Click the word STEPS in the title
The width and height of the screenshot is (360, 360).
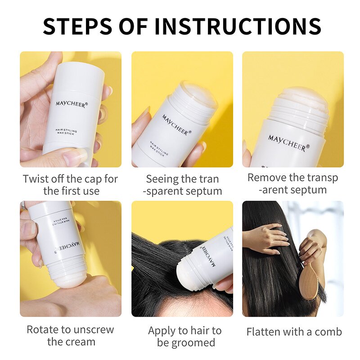[x=77, y=26]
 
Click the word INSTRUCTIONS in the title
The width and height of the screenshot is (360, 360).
[x=238, y=26]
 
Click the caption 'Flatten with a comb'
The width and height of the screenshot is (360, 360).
[x=294, y=332]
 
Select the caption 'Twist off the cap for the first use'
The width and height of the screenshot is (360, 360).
[x=71, y=185]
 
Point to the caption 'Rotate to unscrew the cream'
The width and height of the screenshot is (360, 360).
[x=71, y=335]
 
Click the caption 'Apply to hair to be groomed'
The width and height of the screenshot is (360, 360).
[x=185, y=337]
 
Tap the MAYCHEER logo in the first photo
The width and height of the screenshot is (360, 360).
[x=72, y=104]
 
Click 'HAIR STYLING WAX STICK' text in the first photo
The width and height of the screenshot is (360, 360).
[x=66, y=131]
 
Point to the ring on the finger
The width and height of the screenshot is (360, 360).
[x=23, y=205]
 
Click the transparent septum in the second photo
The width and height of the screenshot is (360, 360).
[x=198, y=94]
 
